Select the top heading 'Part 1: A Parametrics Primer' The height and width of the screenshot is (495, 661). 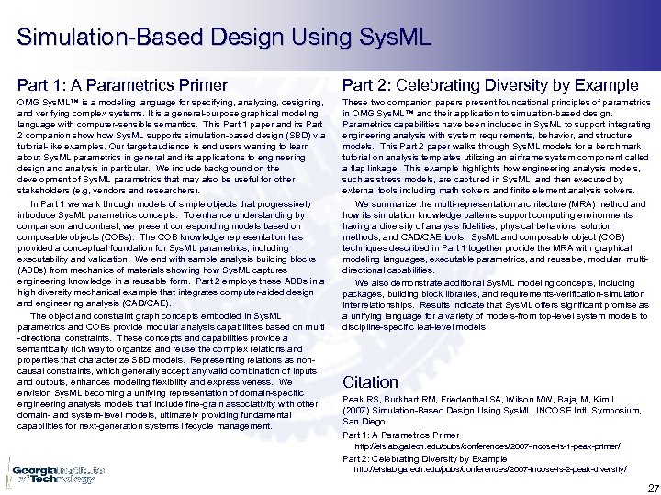[117, 85]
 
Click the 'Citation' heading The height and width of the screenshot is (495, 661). [370, 381]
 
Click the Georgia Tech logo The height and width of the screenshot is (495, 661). [55, 473]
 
